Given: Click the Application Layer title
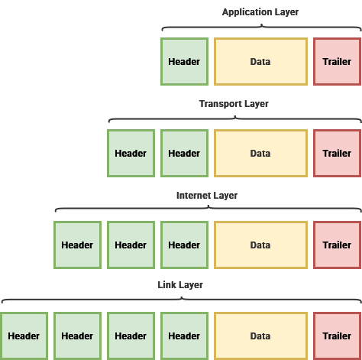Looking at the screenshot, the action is click(x=260, y=12).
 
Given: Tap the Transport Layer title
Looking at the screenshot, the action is click(x=234, y=104).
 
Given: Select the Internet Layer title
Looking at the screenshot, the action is click(x=207, y=196).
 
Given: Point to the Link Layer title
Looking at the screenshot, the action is click(x=180, y=285).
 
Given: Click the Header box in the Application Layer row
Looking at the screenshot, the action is click(x=184, y=61).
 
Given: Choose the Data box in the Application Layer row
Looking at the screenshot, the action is click(x=260, y=61).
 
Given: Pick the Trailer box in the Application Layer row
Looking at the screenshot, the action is click(x=337, y=61).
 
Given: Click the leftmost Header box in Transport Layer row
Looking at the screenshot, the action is click(x=131, y=153).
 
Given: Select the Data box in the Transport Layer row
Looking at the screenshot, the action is click(x=260, y=153).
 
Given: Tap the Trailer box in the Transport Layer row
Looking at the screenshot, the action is click(x=337, y=153).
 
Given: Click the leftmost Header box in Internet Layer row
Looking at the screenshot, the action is click(x=77, y=245).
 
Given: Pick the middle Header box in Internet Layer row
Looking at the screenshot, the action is click(x=131, y=245).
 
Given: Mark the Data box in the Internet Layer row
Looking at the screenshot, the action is click(x=260, y=245).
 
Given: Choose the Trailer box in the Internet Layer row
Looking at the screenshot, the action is click(x=337, y=245).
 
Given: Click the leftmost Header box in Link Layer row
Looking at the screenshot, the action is click(x=24, y=336).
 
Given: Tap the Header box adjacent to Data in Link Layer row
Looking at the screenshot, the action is click(x=184, y=336).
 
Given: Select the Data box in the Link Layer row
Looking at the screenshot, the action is click(x=260, y=336).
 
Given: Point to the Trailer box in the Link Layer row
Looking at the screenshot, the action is click(x=337, y=336).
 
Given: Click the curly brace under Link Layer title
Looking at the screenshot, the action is click(x=182, y=299).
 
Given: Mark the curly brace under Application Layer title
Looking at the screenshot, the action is click(x=261, y=26).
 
